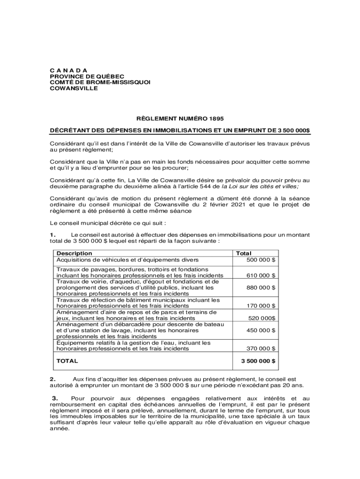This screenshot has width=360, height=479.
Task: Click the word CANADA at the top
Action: [68, 70]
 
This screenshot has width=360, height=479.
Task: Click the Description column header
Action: [74, 254]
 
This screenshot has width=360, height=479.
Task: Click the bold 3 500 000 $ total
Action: [258, 361]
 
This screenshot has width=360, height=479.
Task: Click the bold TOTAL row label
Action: [67, 361]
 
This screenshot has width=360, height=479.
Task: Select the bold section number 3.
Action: [54, 399]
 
